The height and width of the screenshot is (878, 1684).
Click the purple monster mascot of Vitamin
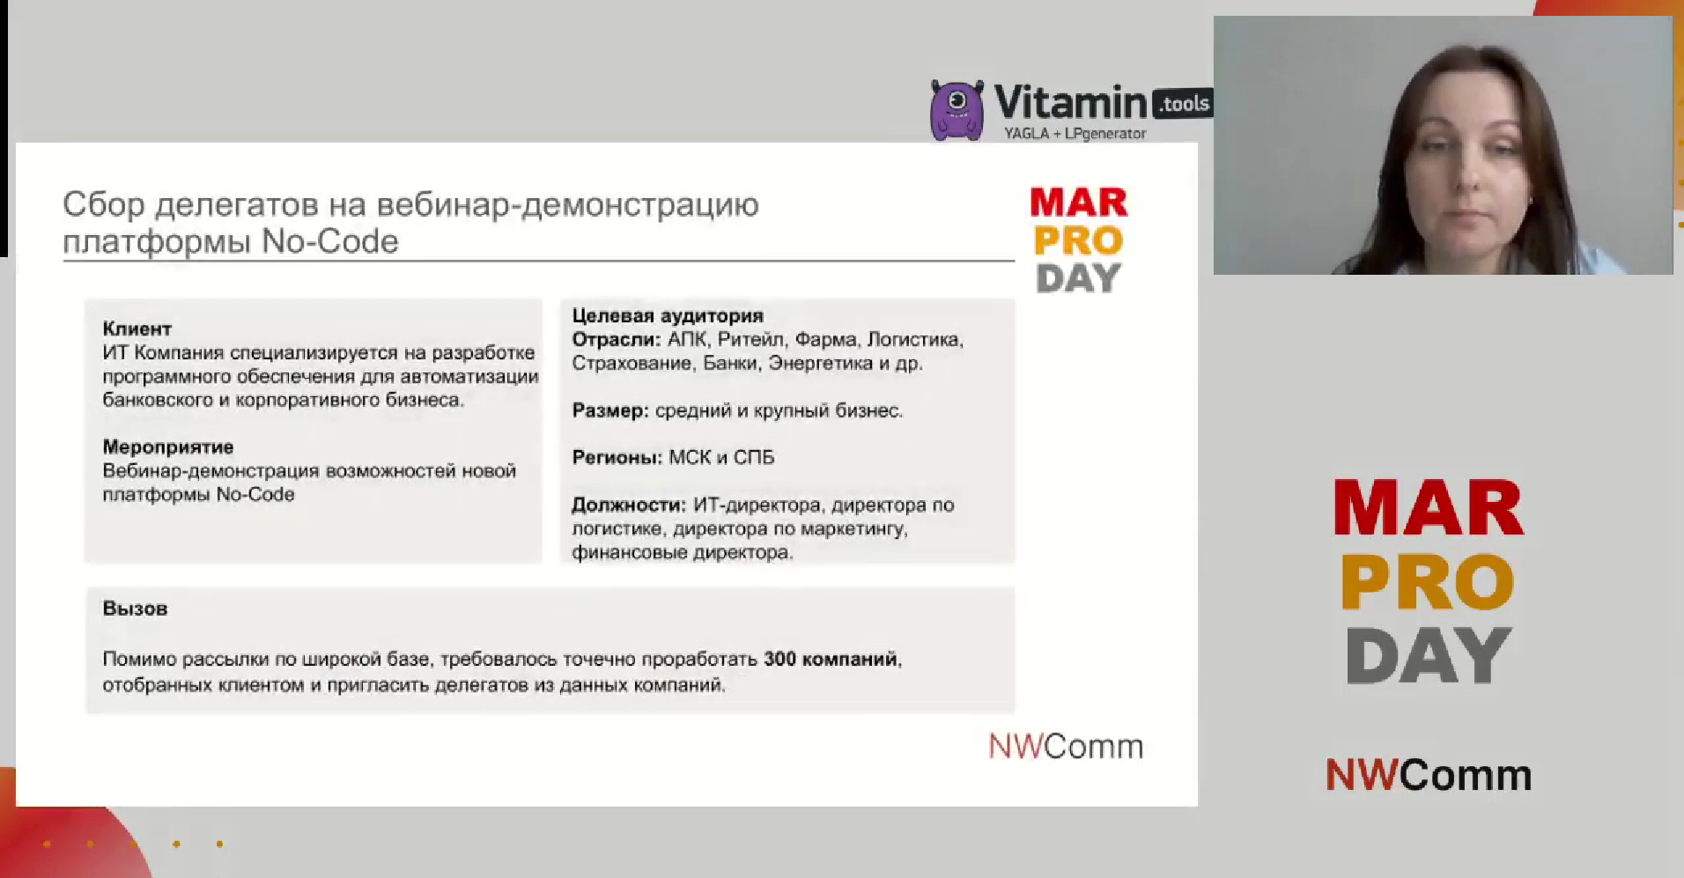956,110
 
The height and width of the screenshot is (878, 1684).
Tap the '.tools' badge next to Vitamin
1183,104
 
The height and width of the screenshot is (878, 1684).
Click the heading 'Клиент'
137,328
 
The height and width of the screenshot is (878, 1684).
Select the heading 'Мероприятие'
168,446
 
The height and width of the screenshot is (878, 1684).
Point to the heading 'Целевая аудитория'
668,315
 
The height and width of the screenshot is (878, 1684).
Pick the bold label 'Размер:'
610,410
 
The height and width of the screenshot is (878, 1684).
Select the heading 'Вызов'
135,609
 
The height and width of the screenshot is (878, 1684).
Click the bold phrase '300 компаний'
831,659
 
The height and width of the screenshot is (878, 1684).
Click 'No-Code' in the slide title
330,241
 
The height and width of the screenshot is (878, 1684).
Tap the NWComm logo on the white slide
1066,746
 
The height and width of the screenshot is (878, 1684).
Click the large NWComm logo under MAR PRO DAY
1429,775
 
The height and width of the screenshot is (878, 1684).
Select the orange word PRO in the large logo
1428,582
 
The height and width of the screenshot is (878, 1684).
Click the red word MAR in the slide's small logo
1079,203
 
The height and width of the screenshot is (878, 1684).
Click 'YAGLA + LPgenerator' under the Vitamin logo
1075,134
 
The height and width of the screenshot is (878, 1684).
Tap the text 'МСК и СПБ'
721,457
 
